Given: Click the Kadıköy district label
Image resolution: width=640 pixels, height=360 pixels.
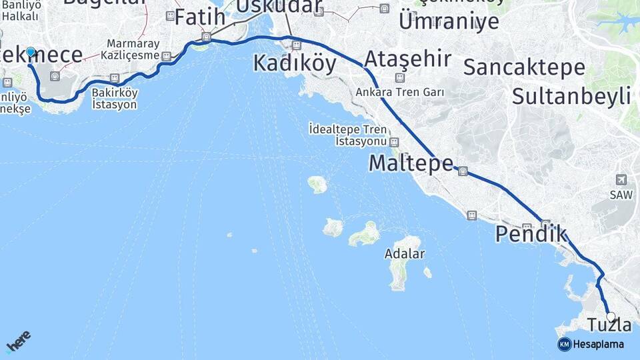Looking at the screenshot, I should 295,63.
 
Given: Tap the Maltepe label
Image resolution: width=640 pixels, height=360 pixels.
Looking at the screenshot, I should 411,163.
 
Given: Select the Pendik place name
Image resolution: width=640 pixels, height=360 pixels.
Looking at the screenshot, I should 531,234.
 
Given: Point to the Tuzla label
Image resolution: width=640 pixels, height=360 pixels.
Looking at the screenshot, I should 609,325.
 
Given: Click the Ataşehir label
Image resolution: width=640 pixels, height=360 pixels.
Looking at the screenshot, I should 407,59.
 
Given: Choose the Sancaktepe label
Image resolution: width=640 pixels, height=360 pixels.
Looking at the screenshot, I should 524,67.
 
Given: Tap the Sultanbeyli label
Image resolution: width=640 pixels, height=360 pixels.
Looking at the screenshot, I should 571,95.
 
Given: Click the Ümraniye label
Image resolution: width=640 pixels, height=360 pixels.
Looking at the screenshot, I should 449,21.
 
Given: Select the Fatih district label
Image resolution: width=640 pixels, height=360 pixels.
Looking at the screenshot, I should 199,17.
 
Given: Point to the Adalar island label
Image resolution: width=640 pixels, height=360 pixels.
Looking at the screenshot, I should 405,254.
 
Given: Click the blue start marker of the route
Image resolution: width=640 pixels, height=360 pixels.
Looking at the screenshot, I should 30,51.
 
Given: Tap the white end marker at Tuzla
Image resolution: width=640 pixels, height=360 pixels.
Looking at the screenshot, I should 611,317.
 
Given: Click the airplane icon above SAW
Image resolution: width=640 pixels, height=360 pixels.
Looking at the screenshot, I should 621,179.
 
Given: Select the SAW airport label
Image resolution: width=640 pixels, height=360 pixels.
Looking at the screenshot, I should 621,195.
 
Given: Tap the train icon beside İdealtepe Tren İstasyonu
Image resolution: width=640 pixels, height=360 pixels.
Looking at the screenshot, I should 395,142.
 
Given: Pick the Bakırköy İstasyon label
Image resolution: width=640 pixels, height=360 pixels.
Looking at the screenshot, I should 115,99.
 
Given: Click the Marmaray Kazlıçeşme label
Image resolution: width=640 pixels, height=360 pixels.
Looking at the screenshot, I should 133,50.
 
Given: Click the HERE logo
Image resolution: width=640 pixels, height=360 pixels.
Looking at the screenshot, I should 18,341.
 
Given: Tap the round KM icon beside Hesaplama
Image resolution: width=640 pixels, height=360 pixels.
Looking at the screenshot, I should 564,344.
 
